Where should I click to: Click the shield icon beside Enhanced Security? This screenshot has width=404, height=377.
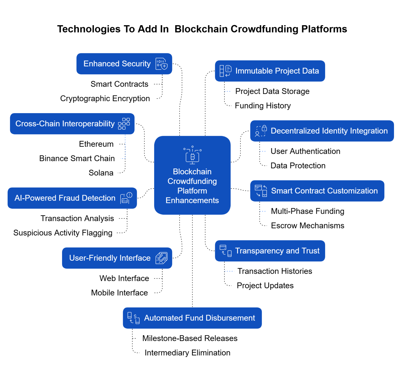pos(161,64)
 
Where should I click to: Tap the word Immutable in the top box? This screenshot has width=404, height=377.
pos(254,71)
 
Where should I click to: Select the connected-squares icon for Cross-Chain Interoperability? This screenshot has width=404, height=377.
pos(124,124)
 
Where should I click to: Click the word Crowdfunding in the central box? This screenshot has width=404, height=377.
pos(192,181)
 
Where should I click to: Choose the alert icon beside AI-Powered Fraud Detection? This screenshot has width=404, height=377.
pos(126,198)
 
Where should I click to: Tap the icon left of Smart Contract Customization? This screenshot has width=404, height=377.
pos(261,191)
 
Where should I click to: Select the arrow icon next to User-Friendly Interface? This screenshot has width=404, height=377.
pos(161,258)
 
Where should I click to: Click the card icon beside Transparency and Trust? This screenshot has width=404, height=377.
pos(225,251)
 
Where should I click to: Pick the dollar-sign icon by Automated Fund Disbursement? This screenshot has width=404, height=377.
pos(134,318)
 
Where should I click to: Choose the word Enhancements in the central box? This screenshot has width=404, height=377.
pos(192,201)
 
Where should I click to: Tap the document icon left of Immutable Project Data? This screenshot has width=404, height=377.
pos(225,71)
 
